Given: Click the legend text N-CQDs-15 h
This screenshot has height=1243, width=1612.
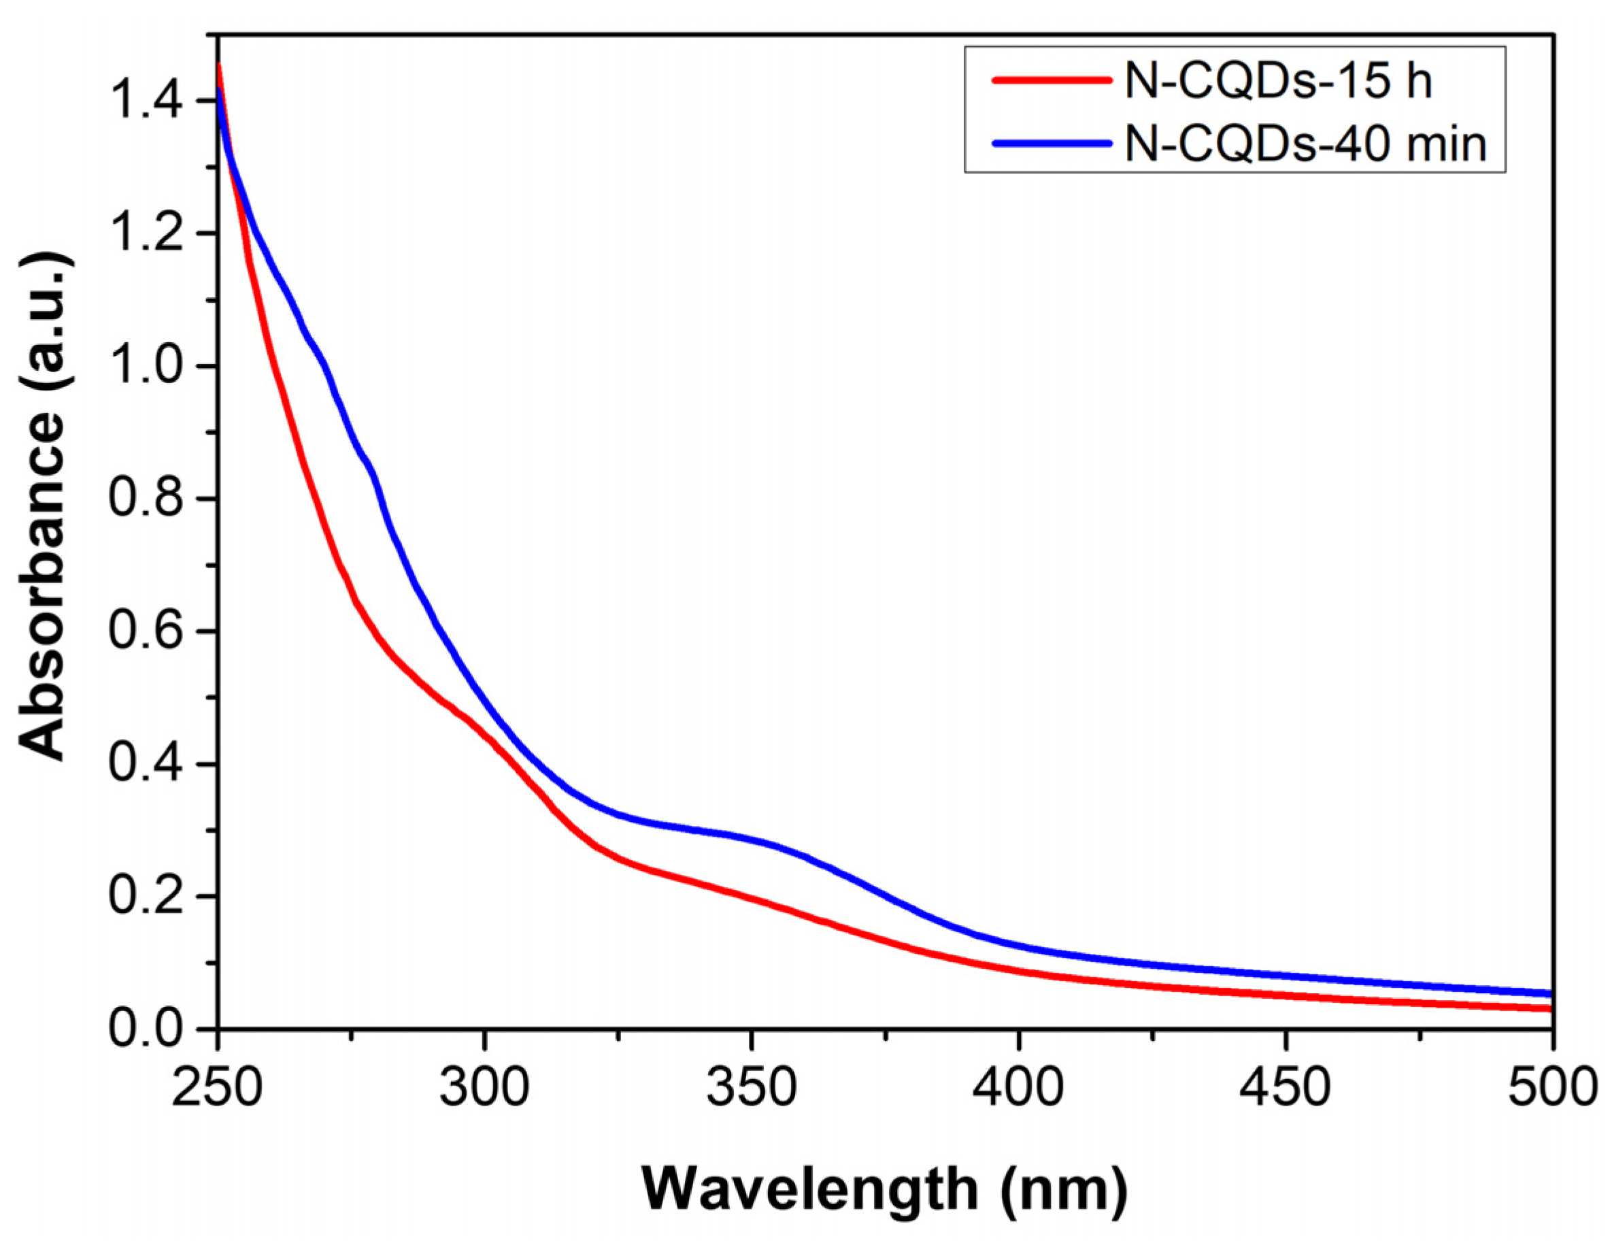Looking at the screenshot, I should (1277, 80).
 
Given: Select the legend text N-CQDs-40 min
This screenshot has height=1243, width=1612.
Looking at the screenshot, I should (1306, 144).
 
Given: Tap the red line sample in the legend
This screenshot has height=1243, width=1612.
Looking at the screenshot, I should (1052, 80).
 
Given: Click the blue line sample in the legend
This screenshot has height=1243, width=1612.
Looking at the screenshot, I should (1052, 144).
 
